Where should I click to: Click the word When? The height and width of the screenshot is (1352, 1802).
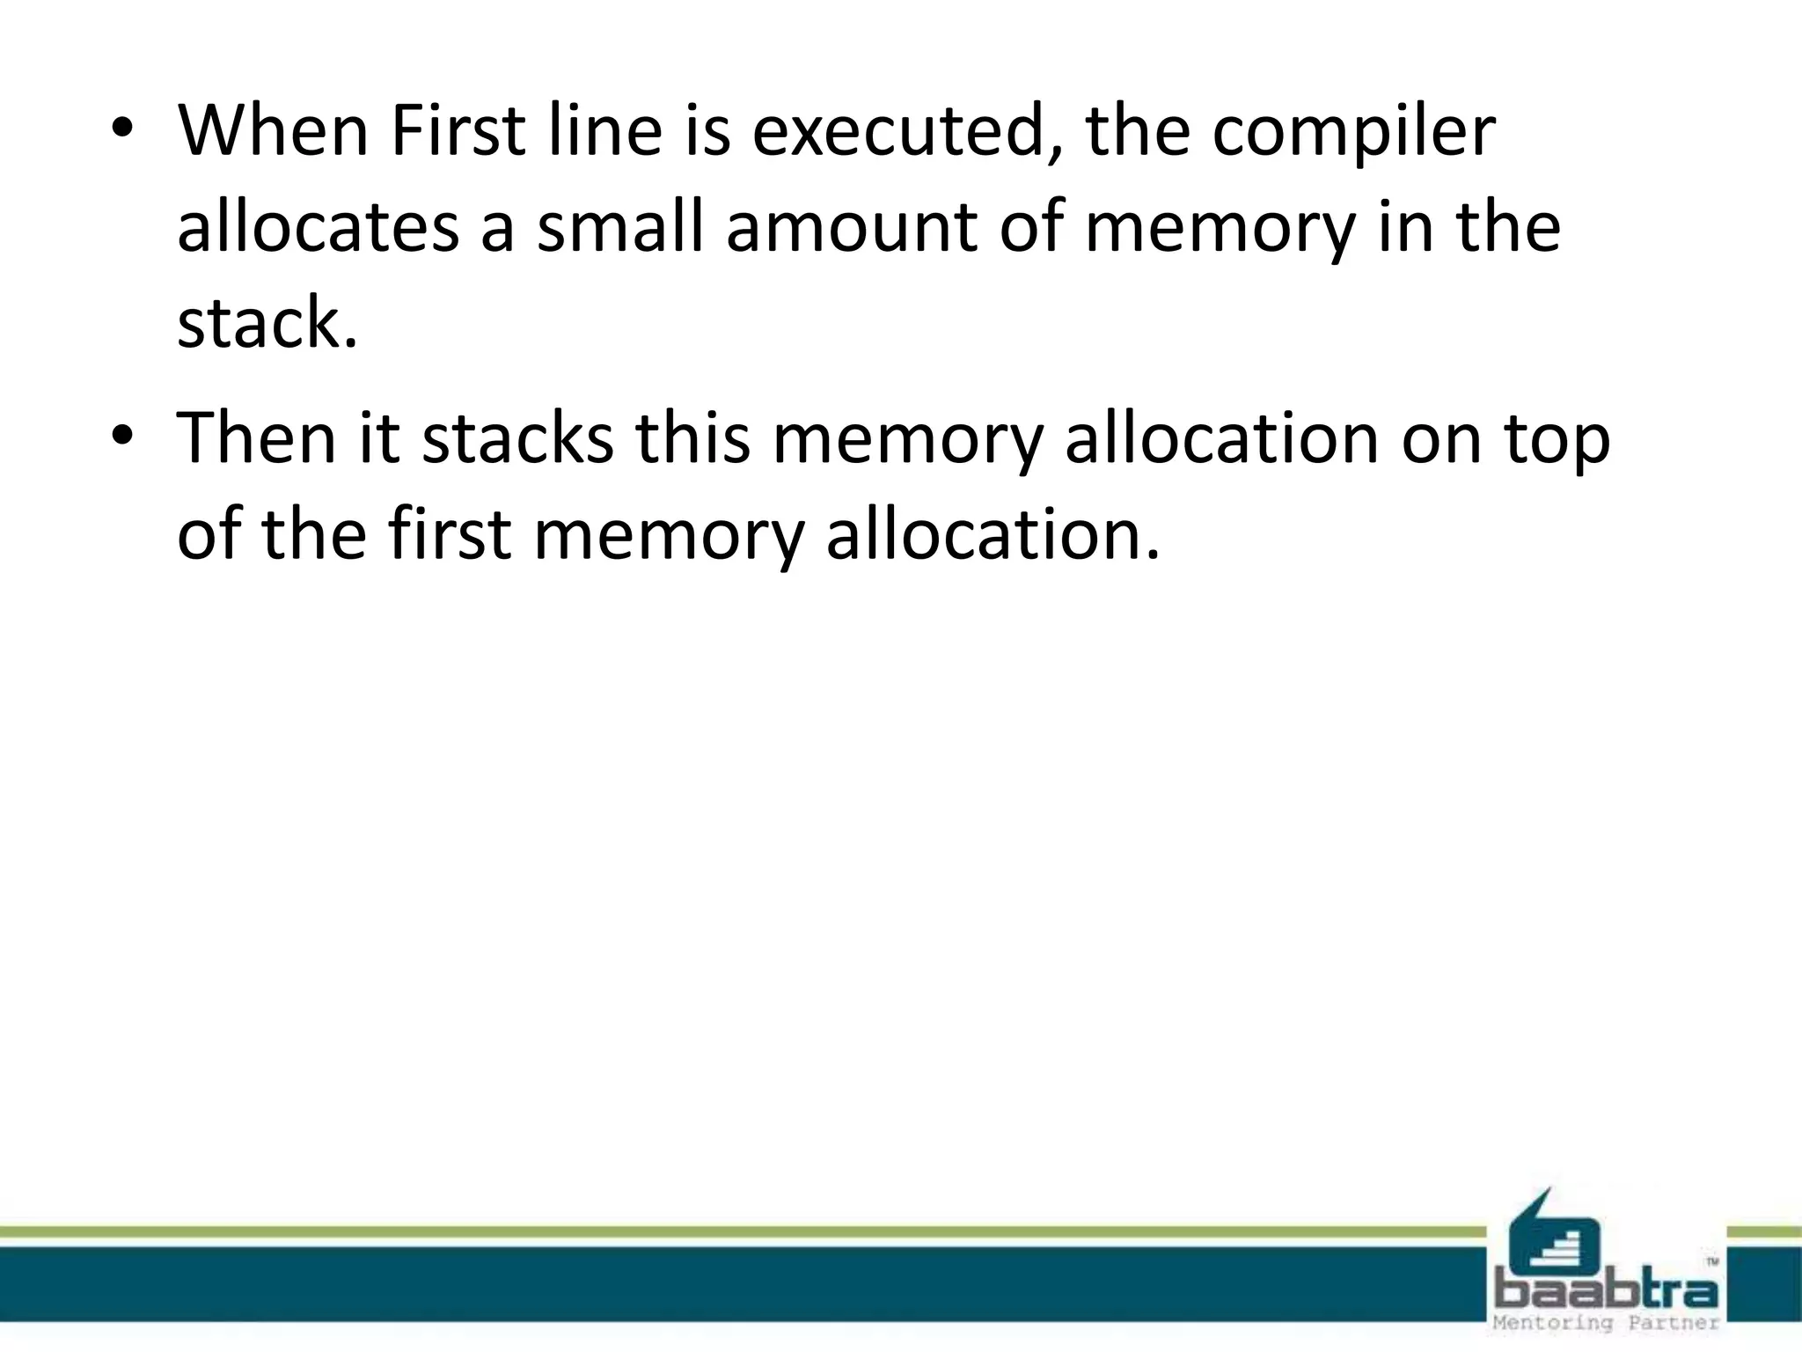click(273, 132)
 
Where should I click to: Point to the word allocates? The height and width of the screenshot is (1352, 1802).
click(319, 227)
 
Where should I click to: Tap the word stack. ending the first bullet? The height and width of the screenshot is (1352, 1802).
click(267, 324)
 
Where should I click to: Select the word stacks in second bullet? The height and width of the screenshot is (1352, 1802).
click(517, 437)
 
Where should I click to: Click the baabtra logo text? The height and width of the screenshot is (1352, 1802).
click(1607, 1292)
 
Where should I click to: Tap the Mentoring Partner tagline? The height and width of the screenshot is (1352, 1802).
click(1606, 1324)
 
